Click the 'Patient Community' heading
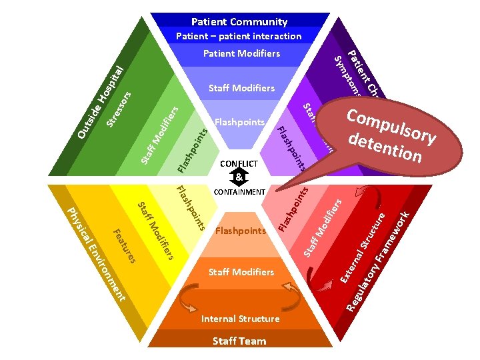(x=239, y=22)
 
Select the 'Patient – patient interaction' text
(x=239, y=36)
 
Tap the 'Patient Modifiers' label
(x=241, y=53)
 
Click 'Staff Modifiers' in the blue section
(x=241, y=88)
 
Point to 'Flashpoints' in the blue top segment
(x=240, y=123)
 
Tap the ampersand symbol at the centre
(x=239, y=177)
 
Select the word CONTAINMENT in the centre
(x=239, y=192)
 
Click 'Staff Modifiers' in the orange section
(x=241, y=272)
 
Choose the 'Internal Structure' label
(x=240, y=319)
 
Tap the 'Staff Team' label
(x=239, y=341)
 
